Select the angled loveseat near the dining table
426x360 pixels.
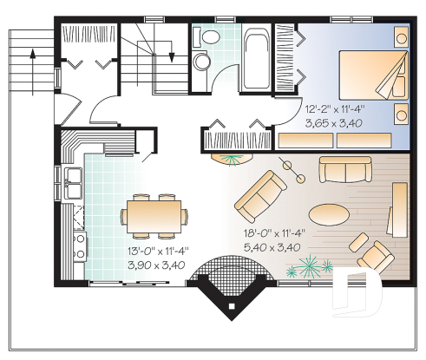click(261, 194)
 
